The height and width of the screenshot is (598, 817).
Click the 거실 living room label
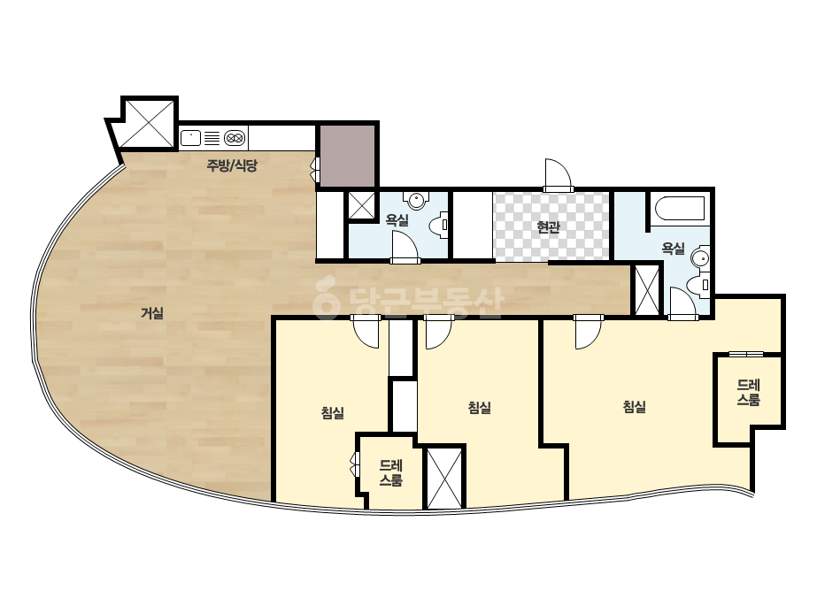tap(152, 313)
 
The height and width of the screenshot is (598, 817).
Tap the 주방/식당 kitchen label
tap(232, 165)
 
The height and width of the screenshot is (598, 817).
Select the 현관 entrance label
tap(548, 226)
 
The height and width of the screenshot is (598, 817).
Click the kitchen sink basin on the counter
tap(190, 138)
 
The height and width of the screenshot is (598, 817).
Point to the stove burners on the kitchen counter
tap(235, 138)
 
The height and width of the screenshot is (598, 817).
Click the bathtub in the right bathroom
tap(680, 209)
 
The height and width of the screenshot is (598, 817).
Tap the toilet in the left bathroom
tap(439, 225)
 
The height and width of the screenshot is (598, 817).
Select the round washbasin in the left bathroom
tap(416, 200)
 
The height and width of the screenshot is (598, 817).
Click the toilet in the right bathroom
tap(698, 285)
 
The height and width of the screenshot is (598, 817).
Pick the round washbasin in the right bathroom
tap(700, 257)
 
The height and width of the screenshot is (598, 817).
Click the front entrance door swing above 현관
tap(559, 175)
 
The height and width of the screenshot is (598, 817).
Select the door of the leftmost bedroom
tap(366, 332)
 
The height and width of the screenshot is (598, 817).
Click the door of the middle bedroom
tap(438, 332)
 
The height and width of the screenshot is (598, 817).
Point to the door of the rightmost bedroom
tap(589, 332)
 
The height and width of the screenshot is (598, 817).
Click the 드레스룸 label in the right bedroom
tap(748, 392)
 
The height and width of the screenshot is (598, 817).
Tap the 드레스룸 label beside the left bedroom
tap(390, 472)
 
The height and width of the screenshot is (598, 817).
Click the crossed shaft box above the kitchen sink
tap(150, 124)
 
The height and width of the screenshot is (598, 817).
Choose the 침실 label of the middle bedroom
tap(480, 407)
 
